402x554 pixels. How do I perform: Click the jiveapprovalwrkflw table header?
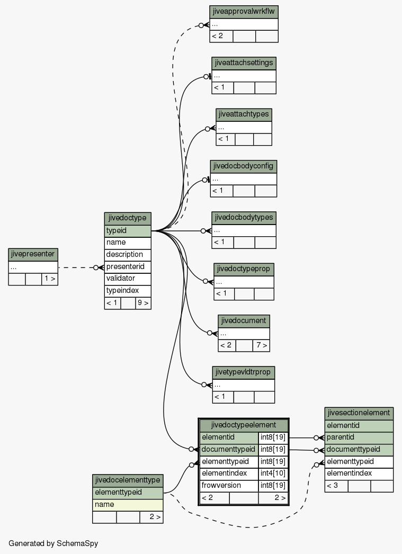tap(244, 12)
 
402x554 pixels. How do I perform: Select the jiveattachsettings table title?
tap(244, 63)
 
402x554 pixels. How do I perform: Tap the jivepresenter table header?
tap(33, 254)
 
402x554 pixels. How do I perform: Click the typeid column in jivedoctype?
tap(128, 231)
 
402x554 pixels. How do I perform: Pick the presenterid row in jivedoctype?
tap(128, 267)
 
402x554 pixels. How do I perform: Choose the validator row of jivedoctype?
tap(128, 279)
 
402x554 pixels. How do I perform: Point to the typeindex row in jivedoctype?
tap(128, 291)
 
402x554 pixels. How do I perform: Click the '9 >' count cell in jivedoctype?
tap(143, 303)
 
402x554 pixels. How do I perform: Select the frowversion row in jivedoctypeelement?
tap(229, 486)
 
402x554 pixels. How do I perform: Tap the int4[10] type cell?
tap(273, 473)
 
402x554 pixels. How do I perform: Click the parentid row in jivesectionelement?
tap(359, 437)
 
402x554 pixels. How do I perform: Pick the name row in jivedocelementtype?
tap(128, 505)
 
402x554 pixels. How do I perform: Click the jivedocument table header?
tap(244, 321)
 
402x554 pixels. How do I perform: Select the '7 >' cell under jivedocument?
tap(261, 345)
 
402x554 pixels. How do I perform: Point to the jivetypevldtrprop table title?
tap(244, 372)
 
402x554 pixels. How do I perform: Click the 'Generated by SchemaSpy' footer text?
tap(53, 543)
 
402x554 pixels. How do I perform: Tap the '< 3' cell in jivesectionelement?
tap(336, 486)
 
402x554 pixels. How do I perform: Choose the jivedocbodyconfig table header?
tap(244, 166)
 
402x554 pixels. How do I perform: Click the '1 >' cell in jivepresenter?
tap(49, 279)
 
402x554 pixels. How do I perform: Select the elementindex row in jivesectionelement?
tap(359, 473)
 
